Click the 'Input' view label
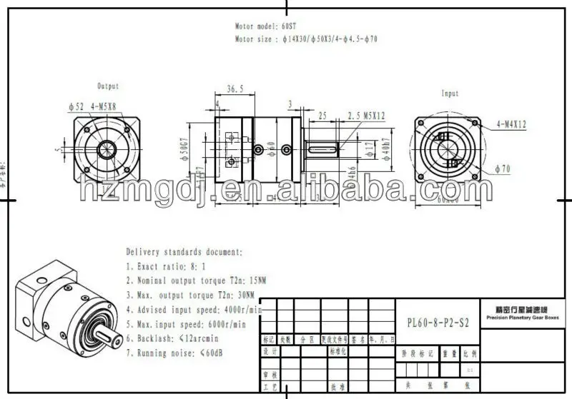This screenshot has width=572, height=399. click(450, 94)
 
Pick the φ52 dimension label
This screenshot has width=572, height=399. click(76, 106)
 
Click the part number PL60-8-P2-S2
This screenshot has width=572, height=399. click(434, 322)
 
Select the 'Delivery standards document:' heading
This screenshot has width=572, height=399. click(184, 252)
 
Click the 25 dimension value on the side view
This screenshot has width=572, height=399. click(323, 115)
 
